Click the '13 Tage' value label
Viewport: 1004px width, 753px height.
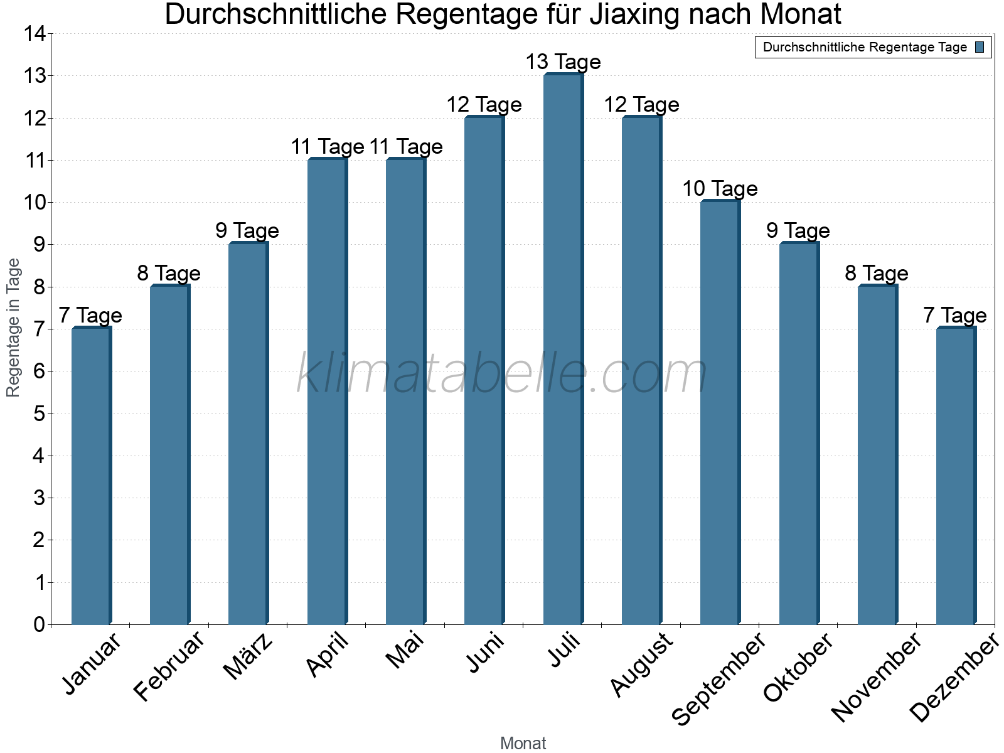pos(563,62)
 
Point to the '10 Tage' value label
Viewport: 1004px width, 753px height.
pos(720,189)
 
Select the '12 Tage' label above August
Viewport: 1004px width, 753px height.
pos(641,105)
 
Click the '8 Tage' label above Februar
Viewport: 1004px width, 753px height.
pos(169,274)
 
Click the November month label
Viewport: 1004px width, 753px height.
pos(877,676)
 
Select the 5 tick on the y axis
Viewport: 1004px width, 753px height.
pos(39,414)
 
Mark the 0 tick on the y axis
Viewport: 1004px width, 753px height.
pos(39,624)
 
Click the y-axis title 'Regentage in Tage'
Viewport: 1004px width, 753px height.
pos(13,328)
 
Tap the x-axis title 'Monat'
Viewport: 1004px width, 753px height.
pos(523,743)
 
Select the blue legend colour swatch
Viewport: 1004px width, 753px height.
pos(980,47)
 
